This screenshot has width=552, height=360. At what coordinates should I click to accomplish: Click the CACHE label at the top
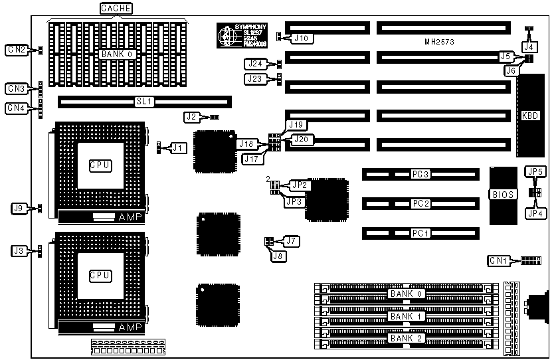[116, 8]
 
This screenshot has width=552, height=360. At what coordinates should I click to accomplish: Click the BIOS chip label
[500, 195]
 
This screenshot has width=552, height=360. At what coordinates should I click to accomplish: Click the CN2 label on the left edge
[16, 50]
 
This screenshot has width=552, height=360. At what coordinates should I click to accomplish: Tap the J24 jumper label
[255, 64]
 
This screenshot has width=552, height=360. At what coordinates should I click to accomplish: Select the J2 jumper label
[192, 117]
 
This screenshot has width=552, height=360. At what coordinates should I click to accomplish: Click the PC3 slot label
[420, 174]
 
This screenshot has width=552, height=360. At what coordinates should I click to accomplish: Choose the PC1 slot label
[420, 233]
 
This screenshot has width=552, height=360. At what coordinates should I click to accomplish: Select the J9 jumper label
[19, 209]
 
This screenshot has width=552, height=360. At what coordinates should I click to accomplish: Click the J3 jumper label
[19, 250]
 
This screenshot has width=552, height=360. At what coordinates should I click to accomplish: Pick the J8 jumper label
[276, 256]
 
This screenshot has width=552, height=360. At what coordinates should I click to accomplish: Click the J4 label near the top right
[529, 47]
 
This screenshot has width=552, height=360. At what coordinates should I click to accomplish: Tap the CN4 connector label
[16, 108]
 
